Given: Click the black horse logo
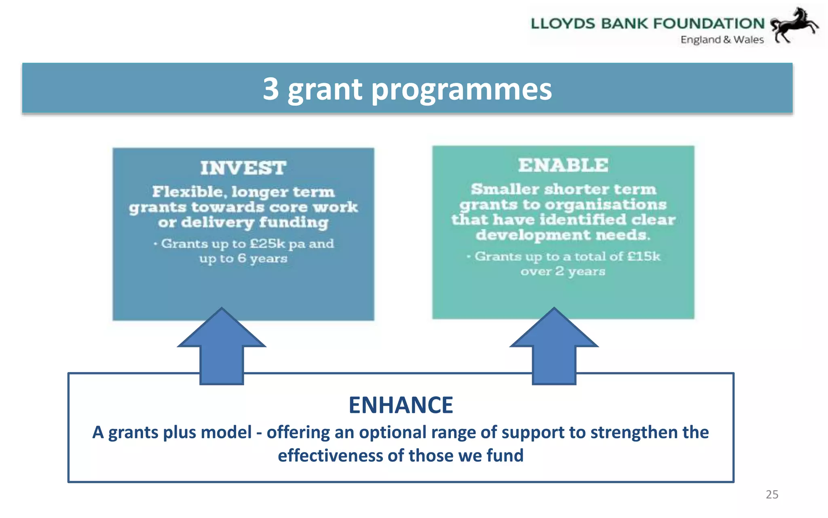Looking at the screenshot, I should pos(793,25).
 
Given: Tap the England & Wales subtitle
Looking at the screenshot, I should pos(722,40).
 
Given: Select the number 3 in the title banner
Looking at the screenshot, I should pos(271,89).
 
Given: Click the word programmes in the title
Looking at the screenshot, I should pos(461,90).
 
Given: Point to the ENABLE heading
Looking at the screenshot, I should pos(563,165).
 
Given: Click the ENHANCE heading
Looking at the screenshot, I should pos(401,405).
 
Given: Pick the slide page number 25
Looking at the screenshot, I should pos(772,495).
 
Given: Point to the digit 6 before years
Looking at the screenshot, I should pos(242,258).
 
